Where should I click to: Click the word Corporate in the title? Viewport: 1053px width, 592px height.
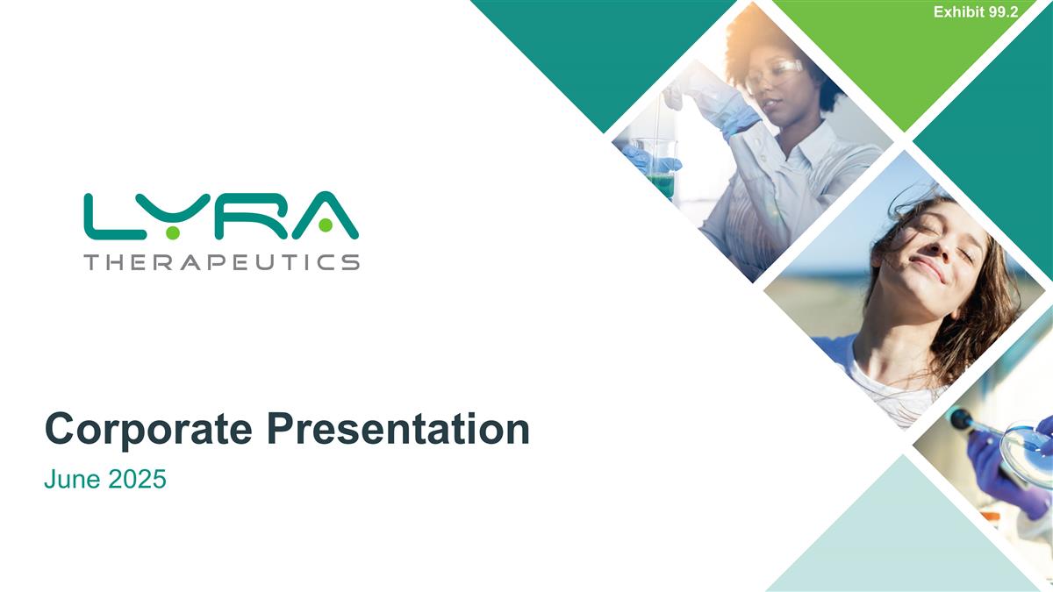(x=151, y=431)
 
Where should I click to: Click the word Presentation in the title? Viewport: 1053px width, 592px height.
(x=398, y=431)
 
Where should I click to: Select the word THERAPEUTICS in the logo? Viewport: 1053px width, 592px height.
(x=221, y=261)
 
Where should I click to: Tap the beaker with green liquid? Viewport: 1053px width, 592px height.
(x=660, y=171)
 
